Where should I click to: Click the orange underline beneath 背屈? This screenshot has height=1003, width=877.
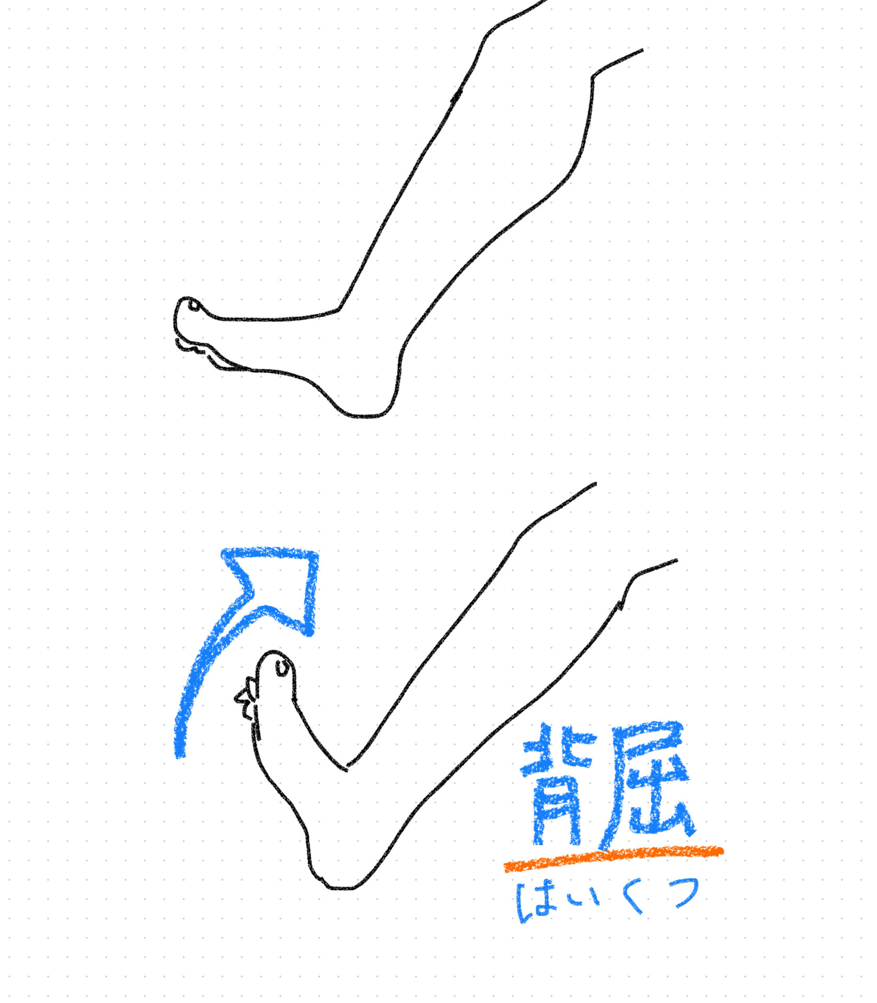[x=614, y=859]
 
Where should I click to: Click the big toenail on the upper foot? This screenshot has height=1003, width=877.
[x=194, y=305]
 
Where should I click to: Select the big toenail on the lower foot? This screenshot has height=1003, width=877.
[x=283, y=667]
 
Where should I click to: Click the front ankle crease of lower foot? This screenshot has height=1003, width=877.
[x=346, y=766]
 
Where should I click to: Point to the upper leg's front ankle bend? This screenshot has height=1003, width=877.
[x=340, y=308]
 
